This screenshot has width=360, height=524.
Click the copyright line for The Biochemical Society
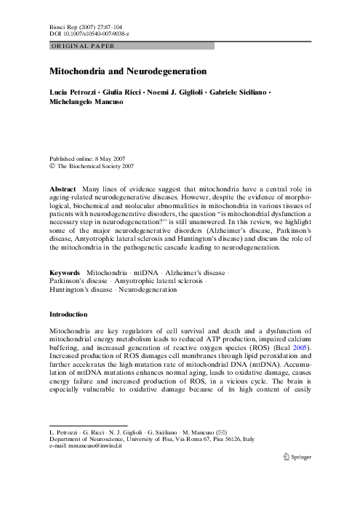tap(91, 166)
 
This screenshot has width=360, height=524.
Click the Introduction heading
tap(68, 314)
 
